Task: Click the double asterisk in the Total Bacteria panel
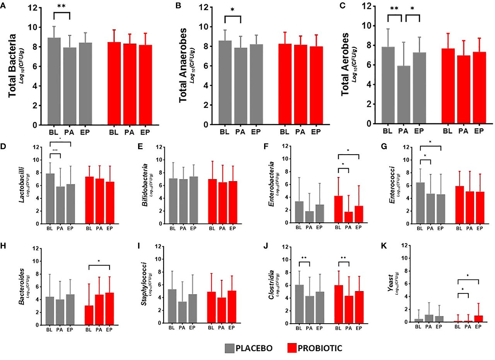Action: pos(61,7)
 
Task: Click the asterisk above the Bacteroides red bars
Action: pos(99,261)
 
